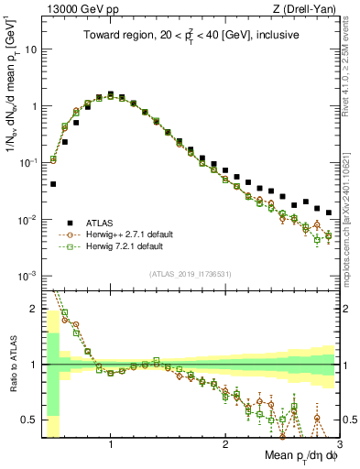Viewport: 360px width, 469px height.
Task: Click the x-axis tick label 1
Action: click(111, 445)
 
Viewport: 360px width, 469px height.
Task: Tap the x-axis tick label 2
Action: click(225, 445)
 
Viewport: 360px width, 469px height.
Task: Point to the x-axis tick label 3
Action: click(338, 445)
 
